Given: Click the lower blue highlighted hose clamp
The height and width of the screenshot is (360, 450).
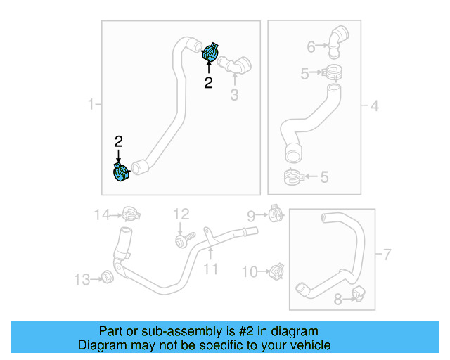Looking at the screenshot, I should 121,172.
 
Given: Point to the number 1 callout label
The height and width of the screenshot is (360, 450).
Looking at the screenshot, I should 91,105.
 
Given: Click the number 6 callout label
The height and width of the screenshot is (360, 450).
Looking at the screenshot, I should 311,47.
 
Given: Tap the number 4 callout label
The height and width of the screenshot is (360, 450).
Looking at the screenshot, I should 375,105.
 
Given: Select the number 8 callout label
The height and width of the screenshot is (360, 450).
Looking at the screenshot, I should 338,300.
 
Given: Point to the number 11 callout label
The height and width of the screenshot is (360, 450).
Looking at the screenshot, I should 211,269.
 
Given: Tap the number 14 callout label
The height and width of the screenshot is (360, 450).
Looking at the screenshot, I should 103,214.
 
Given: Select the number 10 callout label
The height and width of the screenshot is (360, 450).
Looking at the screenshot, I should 250,271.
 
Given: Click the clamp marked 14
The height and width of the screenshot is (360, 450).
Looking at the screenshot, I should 129,213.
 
